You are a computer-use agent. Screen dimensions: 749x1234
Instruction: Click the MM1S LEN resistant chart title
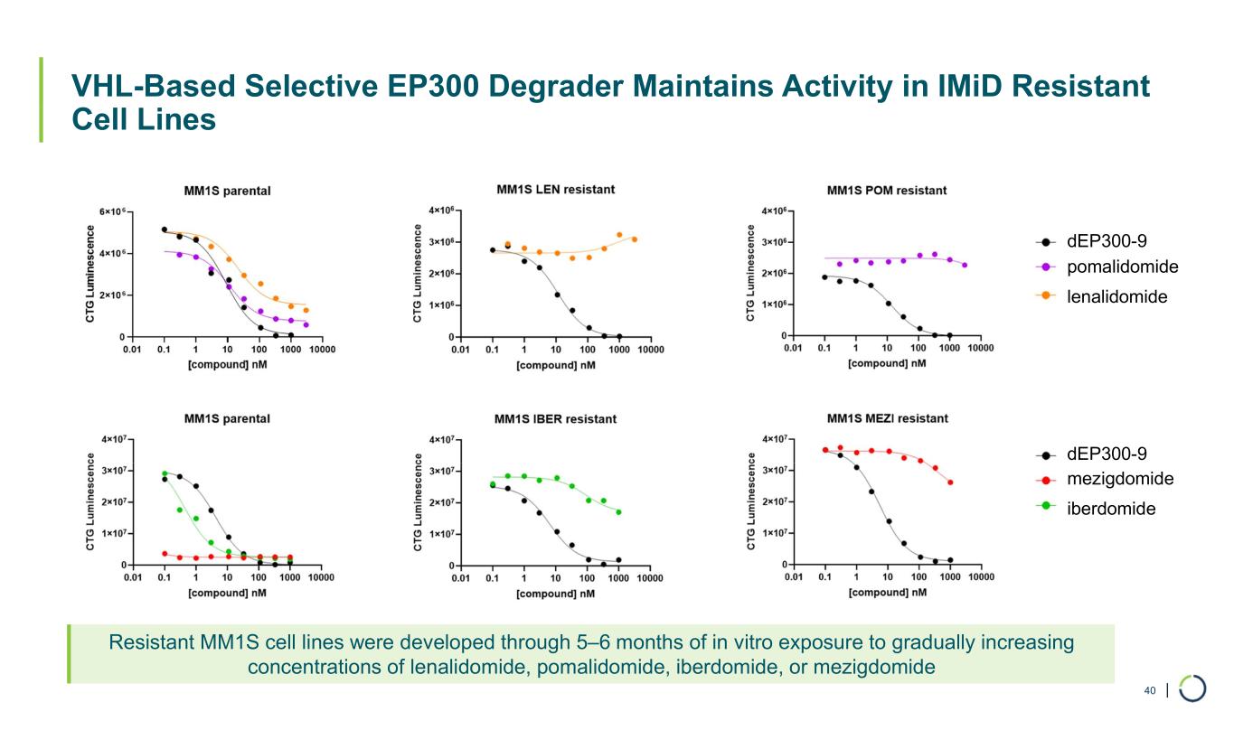[555, 190]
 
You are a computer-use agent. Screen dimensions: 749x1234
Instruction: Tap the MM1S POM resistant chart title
[887, 191]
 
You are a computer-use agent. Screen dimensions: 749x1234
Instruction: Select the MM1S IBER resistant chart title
[555, 419]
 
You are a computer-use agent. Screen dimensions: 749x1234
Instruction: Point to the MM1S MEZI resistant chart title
[887, 418]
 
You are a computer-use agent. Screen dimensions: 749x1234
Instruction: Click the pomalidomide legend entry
[1122, 267]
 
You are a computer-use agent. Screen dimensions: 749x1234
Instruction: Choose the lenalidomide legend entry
[1116, 296]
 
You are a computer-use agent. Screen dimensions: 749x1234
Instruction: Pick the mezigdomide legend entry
[1120, 479]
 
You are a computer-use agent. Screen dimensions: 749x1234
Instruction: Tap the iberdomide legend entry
[1111, 509]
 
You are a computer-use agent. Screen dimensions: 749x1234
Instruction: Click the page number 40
[1150, 691]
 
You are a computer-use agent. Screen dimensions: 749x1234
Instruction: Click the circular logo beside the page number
[1192, 688]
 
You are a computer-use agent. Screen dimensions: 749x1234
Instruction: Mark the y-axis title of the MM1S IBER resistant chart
[419, 501]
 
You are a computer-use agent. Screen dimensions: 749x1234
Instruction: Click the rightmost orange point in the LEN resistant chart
[635, 239]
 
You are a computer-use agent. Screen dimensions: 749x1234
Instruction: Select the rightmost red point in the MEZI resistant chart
[950, 482]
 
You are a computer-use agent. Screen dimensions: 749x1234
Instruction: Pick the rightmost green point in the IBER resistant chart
[618, 512]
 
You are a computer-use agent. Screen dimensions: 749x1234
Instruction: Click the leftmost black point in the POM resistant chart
[824, 277]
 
